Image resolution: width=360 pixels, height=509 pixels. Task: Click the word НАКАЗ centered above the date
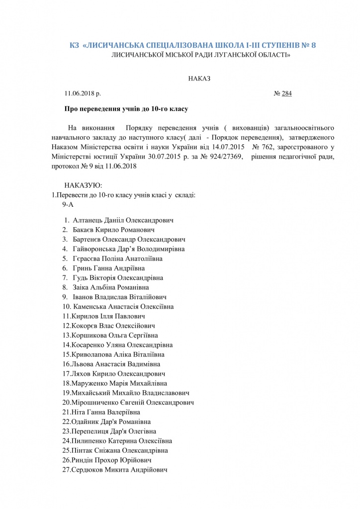[x=199, y=79]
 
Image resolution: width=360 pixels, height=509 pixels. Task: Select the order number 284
[x=286, y=93]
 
